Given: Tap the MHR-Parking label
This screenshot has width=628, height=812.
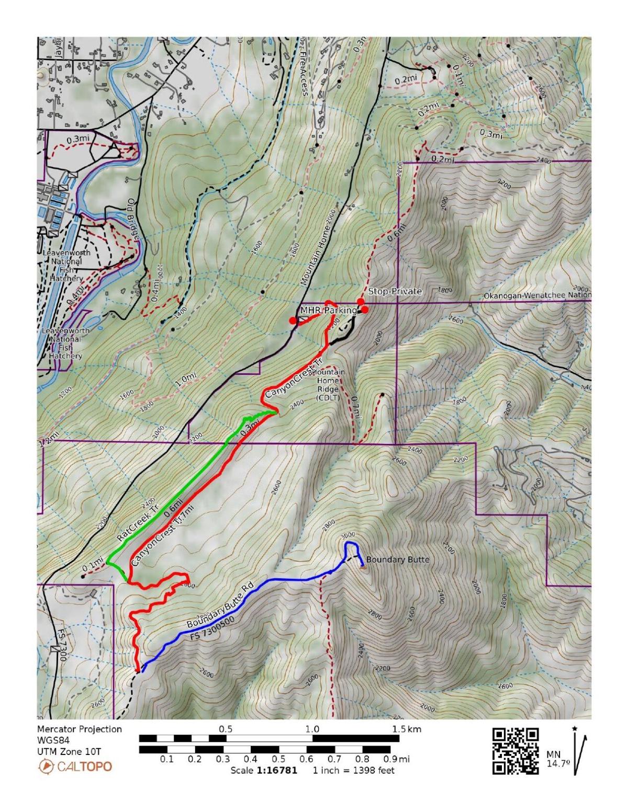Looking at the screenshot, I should point(328,311).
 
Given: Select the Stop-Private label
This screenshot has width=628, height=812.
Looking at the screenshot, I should point(395,291).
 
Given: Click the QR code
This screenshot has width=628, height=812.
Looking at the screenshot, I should point(515,751).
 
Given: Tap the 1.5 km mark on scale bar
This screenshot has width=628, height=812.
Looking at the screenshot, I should point(407,729).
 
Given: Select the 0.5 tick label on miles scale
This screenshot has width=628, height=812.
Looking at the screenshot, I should point(278,759).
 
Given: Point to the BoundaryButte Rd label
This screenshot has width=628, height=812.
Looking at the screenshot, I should point(220,608).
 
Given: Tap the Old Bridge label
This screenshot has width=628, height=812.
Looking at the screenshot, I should point(133,219).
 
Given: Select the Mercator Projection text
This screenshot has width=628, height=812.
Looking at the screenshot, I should point(80,729).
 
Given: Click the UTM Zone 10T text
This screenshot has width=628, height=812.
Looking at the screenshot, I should point(69,752).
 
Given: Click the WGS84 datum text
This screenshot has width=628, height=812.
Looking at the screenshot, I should point(52,740).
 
